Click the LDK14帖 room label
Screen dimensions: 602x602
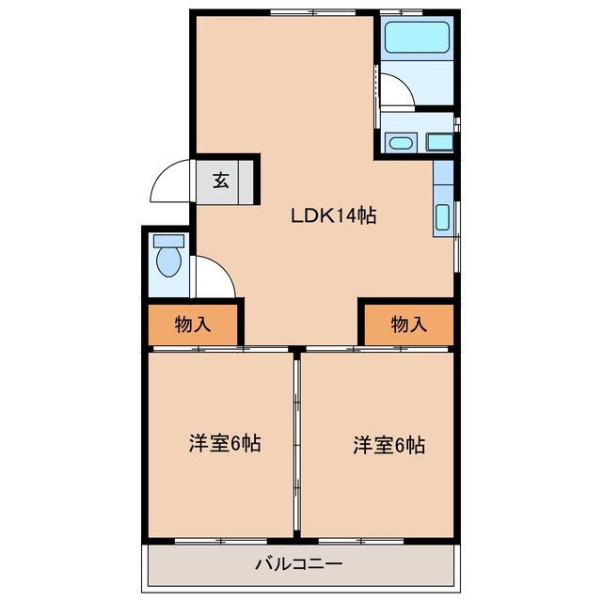[333, 215]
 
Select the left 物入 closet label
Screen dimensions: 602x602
[193, 325]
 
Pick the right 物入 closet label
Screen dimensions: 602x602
[409, 325]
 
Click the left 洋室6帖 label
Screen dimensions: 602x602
[225, 444]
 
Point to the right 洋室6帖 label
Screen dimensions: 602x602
[389, 444]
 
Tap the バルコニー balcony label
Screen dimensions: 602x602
[298, 565]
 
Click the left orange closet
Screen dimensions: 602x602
[193, 325]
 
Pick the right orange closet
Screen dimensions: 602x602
[409, 325]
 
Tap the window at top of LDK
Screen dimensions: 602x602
[307, 11]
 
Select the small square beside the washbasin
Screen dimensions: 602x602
[438, 143]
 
